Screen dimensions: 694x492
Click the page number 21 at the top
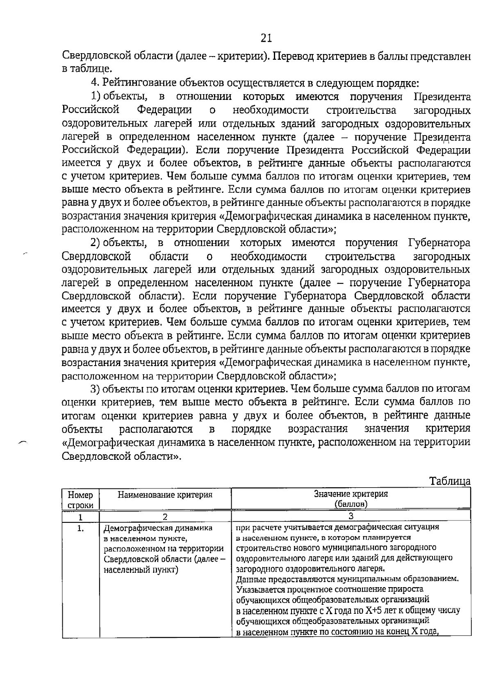pos(266,38)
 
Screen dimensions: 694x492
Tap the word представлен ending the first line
pos(442,56)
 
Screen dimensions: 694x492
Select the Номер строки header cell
pos(80,500)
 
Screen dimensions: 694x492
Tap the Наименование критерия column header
pos(165,495)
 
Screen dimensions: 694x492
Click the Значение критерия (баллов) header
pos(351,498)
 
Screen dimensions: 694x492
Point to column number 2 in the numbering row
pos(165,517)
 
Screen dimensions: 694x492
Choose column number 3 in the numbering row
pos(351,516)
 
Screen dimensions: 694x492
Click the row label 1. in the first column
pos(80,529)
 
